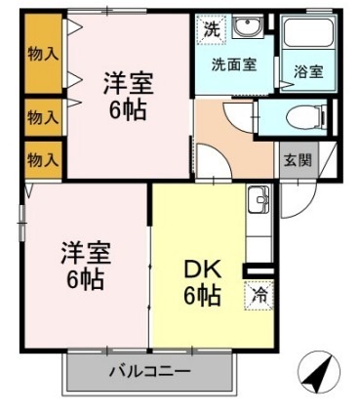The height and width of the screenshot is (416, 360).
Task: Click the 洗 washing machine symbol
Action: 211,29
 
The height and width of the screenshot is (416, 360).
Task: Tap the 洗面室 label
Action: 234,65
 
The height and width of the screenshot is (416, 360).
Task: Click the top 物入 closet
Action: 41,55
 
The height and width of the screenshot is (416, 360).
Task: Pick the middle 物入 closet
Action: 41,118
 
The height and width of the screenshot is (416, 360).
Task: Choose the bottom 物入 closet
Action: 41,158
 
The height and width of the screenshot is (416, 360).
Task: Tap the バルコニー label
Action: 149,371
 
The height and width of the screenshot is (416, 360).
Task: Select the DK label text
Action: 201,267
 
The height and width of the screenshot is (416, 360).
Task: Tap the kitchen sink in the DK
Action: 259,201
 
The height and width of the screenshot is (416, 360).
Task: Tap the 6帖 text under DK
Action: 201,294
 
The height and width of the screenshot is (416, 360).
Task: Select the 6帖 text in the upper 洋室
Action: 127,109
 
